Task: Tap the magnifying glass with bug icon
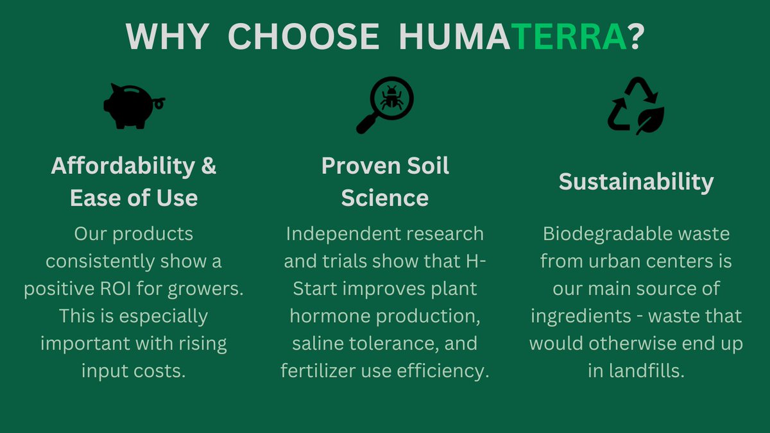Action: coord(384,105)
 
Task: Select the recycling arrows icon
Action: coord(635,106)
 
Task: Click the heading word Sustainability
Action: coord(636,182)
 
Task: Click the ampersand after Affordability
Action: coord(209,166)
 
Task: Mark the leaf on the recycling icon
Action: coord(650,121)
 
